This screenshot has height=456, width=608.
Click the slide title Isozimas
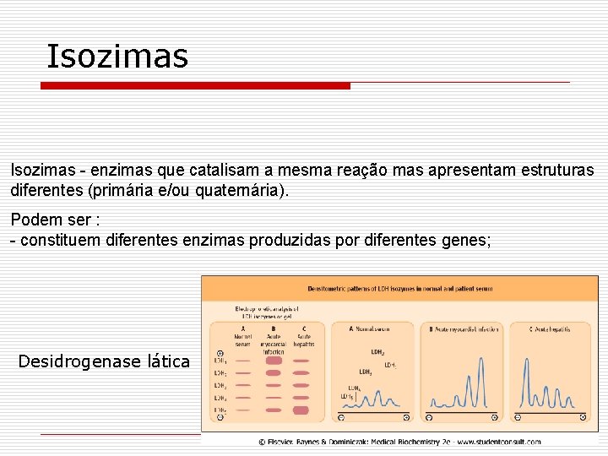pos(117,57)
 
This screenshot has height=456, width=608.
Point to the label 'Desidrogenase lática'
pos(104,361)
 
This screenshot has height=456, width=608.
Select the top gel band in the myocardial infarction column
pos(274,361)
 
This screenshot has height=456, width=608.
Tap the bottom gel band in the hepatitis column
pos(301,410)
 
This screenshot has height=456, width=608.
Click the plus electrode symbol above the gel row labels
pos(220,353)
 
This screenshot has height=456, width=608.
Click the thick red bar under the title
pos(195,85)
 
